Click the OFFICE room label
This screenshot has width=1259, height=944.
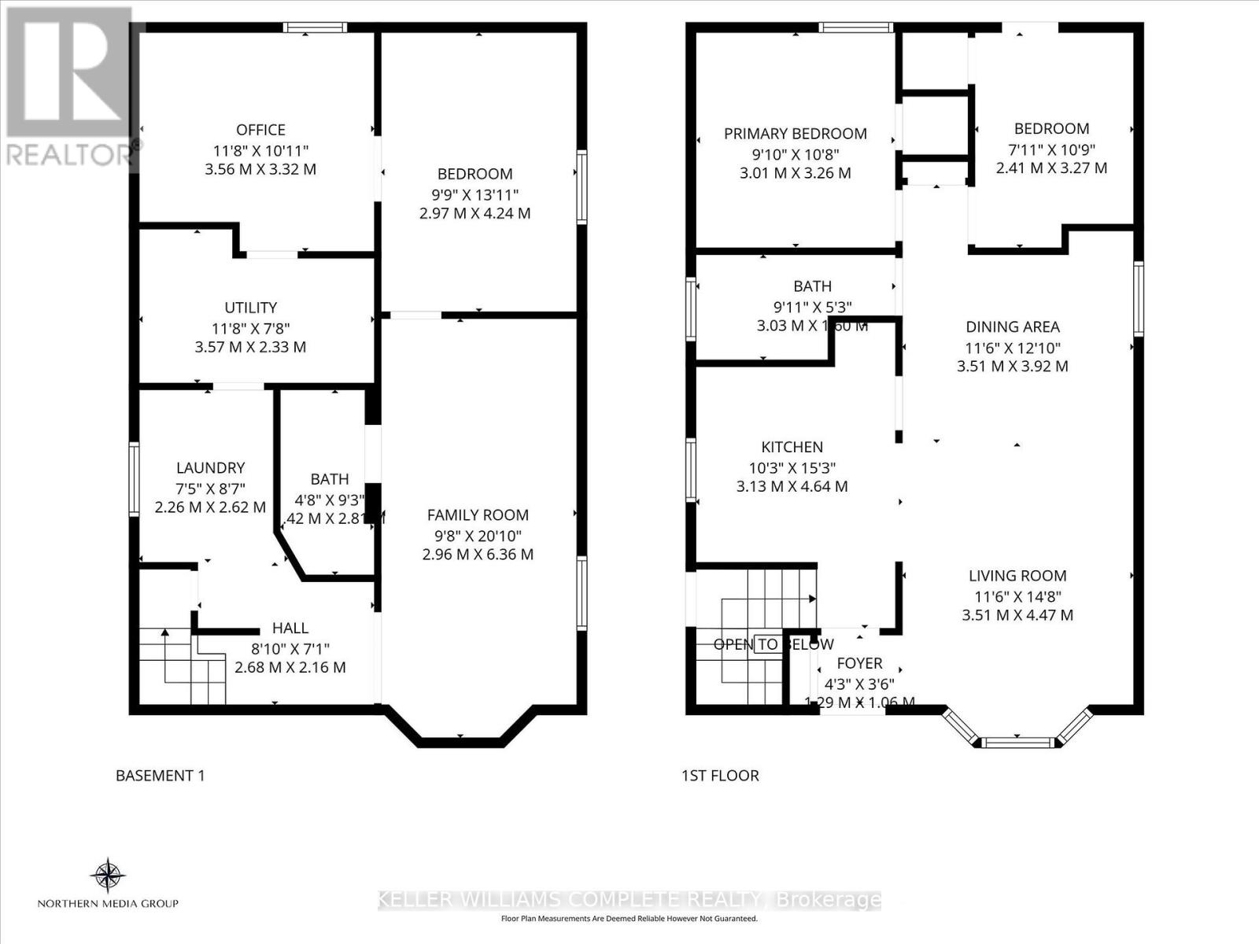[260, 130]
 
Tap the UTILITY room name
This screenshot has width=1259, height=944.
[250, 308]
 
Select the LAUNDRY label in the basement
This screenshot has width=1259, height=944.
[210, 468]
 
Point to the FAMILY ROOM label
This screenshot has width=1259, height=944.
[478, 515]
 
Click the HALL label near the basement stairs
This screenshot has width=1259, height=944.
[290, 628]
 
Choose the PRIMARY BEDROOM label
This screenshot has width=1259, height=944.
[795, 134]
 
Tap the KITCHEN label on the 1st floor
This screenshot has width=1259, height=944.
[792, 447]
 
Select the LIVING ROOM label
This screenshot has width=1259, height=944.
[1017, 576]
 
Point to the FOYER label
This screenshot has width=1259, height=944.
[859, 663]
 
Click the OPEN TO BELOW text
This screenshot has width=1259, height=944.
[773, 644]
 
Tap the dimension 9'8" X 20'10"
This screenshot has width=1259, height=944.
[478, 536]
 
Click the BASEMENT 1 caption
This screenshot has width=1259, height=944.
[160, 776]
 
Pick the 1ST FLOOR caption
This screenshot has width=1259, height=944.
[719, 776]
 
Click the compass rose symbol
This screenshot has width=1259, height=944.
[108, 874]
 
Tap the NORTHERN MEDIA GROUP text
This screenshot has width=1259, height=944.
[108, 903]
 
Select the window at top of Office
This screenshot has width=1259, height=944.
[315, 28]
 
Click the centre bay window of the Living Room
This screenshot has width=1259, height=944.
[1017, 742]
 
